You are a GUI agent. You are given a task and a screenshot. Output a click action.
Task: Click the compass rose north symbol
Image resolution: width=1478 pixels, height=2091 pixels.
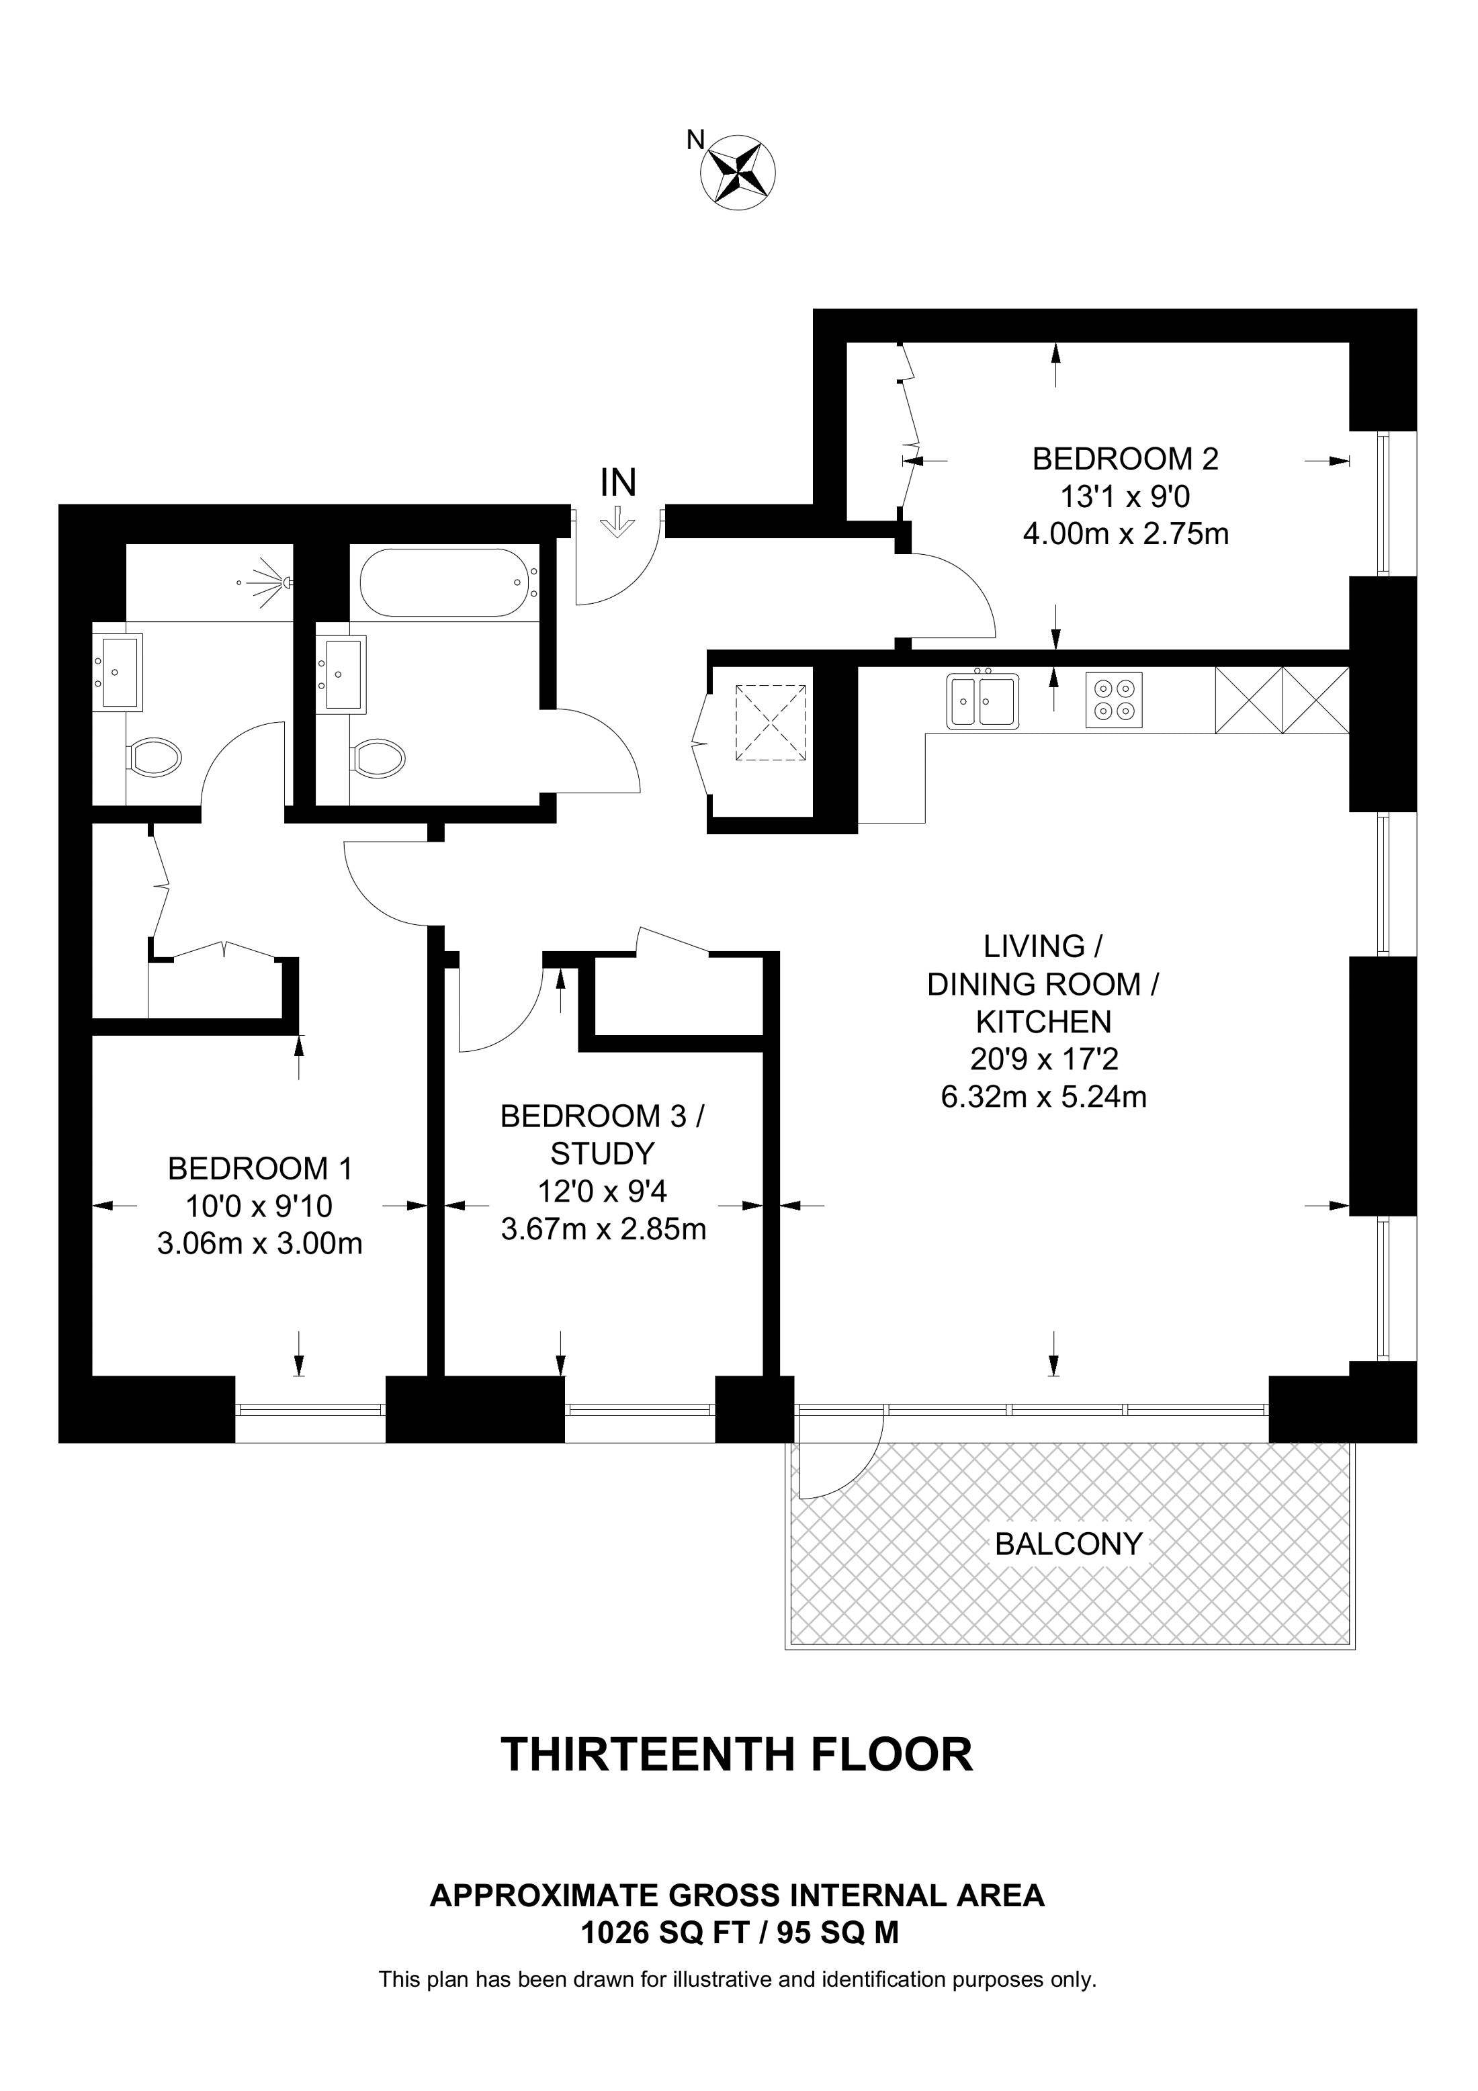738,171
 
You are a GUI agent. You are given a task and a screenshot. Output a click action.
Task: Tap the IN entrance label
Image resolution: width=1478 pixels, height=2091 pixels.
618,483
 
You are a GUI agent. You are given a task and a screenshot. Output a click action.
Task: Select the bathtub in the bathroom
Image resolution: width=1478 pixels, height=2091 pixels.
444,583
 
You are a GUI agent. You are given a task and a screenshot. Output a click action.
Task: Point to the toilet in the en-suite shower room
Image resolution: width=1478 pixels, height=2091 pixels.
156,756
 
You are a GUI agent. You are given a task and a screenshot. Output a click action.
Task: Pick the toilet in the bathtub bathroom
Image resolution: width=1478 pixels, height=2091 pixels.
379,756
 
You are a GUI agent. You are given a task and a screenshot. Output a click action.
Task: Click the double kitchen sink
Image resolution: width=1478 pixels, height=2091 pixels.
983,701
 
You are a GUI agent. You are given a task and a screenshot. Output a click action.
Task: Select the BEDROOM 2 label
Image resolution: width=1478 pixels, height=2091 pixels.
1125,458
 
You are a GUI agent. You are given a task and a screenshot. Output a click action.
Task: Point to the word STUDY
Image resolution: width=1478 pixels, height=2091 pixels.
603,1154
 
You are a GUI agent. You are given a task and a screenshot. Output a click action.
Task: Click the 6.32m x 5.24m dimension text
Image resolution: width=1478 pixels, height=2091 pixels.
1043,1096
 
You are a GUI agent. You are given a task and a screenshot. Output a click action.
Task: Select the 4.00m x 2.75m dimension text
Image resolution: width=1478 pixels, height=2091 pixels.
1125,534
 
